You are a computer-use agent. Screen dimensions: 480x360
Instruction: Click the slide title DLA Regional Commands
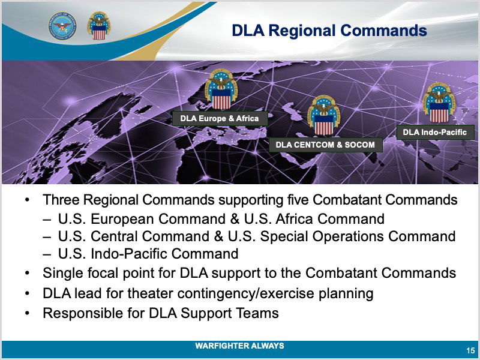click(x=329, y=31)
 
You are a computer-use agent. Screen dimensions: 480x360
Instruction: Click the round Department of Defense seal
click(x=62, y=26)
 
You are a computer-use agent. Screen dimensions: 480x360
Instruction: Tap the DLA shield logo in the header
click(x=98, y=26)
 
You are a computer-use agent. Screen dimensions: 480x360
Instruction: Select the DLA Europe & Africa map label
click(x=220, y=118)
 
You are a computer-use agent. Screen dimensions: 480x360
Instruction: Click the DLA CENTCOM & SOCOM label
click(x=325, y=145)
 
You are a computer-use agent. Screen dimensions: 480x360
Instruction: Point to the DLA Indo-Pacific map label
click(x=434, y=132)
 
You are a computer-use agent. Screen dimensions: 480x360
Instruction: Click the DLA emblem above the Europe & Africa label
click(x=221, y=89)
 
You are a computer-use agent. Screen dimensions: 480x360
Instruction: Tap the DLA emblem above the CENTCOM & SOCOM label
click(x=323, y=115)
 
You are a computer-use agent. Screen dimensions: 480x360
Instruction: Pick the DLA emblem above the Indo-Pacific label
click(x=439, y=103)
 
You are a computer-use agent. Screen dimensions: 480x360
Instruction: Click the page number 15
click(x=471, y=350)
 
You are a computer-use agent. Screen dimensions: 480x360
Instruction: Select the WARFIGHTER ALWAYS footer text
click(x=239, y=346)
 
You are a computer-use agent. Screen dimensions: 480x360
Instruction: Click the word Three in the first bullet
click(x=61, y=200)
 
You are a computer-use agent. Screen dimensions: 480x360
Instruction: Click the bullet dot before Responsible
click(x=28, y=313)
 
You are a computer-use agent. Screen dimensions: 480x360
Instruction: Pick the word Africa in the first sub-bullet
click(x=294, y=219)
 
